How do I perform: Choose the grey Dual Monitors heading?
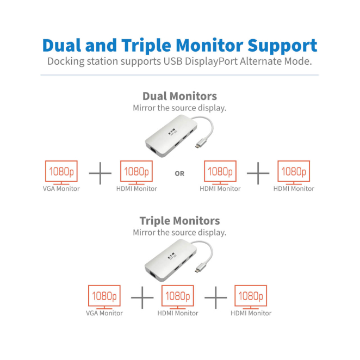[x=179, y=96]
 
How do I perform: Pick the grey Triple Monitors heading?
[x=179, y=220]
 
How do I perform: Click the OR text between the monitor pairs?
[x=179, y=174]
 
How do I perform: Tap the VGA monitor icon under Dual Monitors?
[x=61, y=172]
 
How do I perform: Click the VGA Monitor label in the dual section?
[x=61, y=189]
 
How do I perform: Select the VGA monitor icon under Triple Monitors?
[x=104, y=297]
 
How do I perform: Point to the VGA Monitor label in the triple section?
[x=104, y=313]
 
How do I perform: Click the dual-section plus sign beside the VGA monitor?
[x=100, y=173]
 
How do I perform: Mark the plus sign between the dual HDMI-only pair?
[x=258, y=173]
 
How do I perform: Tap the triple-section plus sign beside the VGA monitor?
[x=142, y=297]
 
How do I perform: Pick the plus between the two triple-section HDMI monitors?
[x=216, y=297]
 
